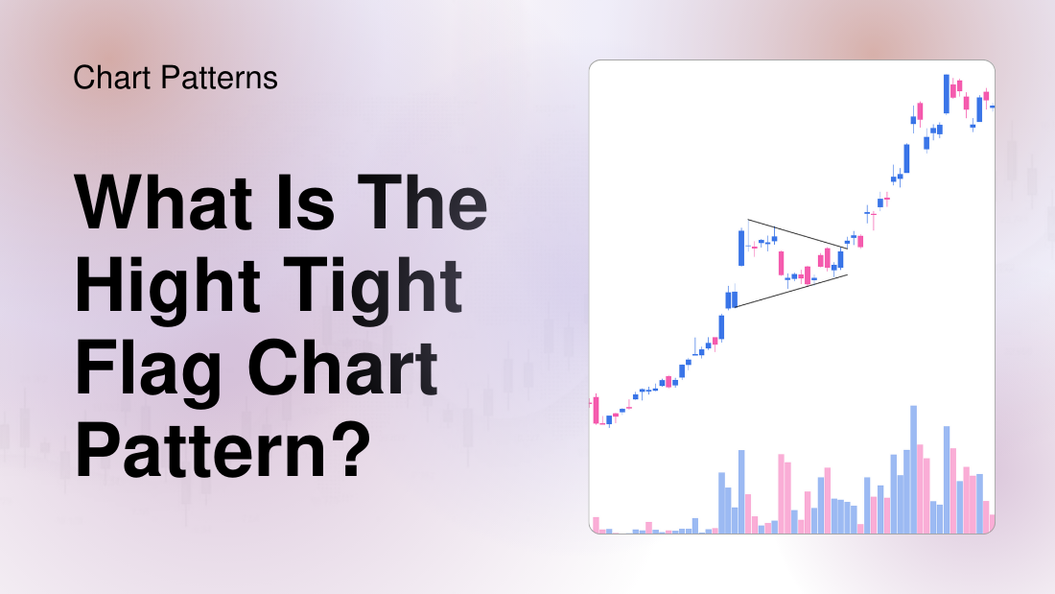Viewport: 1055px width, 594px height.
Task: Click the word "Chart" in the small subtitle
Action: (x=116, y=78)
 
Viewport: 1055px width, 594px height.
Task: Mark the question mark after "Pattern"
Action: (x=349, y=452)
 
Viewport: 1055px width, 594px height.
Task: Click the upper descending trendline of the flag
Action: (x=796, y=235)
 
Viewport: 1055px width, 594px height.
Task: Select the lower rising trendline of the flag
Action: (x=791, y=291)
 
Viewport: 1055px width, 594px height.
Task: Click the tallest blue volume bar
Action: (x=914, y=469)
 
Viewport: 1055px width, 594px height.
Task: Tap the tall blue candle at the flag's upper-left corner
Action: (x=740, y=248)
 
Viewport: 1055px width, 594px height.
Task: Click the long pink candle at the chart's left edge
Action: (x=596, y=409)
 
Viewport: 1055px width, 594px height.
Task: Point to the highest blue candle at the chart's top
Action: (x=947, y=93)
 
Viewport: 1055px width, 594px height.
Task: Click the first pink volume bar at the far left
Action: (x=596, y=525)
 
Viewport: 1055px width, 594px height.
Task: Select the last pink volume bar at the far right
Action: (x=992, y=523)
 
